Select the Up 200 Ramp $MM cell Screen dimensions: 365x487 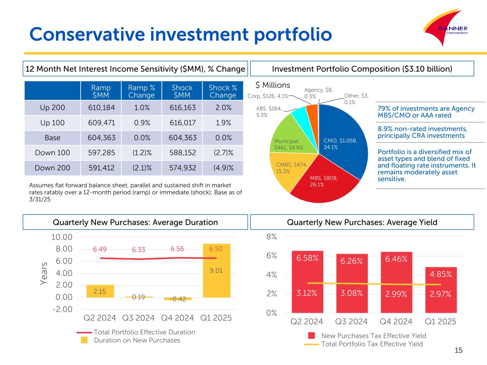(x=101, y=108)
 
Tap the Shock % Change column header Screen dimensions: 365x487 (x=223, y=91)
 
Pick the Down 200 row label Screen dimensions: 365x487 (x=52, y=168)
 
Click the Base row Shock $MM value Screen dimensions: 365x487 (x=182, y=138)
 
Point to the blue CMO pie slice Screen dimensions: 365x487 (x=343, y=139)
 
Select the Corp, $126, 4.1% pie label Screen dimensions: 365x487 (x=268, y=96)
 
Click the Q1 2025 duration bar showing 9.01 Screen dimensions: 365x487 (x=217, y=271)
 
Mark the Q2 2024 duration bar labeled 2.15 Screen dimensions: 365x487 (x=100, y=291)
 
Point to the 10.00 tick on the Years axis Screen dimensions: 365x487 (x=62, y=237)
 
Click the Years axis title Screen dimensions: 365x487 (x=44, y=273)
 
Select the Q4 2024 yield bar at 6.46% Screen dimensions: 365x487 (x=396, y=282)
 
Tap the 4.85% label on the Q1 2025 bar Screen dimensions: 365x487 (x=441, y=274)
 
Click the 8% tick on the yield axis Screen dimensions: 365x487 (x=272, y=237)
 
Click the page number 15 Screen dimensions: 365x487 (x=458, y=350)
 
